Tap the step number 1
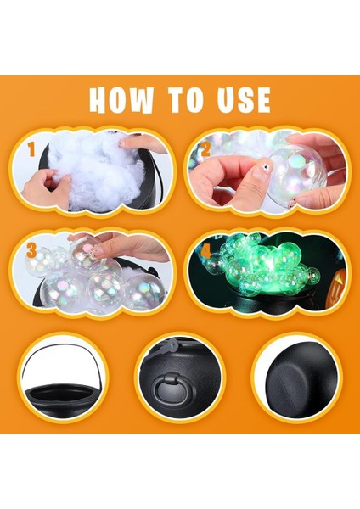31,151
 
